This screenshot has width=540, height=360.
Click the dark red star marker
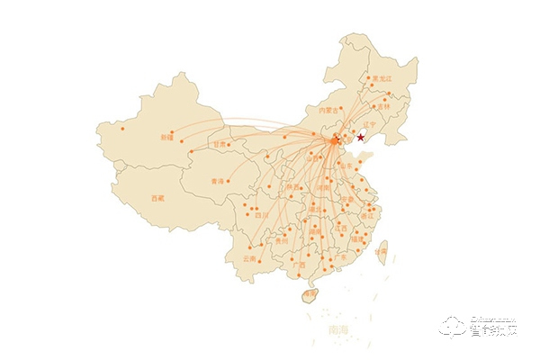(x=361, y=137)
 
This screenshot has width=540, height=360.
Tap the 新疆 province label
(x=166, y=138)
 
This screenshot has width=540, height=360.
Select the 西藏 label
(x=158, y=197)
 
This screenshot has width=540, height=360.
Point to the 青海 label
(x=217, y=181)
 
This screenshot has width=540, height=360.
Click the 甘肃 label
(x=220, y=144)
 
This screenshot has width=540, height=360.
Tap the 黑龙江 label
(x=384, y=79)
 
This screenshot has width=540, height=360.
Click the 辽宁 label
(x=368, y=123)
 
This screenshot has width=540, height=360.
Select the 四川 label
(x=261, y=215)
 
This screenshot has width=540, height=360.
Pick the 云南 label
(x=249, y=259)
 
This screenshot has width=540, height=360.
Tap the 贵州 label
(x=282, y=240)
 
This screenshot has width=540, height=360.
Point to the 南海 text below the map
(x=338, y=331)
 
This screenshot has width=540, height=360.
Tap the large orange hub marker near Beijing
(x=335, y=139)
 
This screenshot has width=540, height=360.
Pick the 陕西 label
(x=293, y=187)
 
